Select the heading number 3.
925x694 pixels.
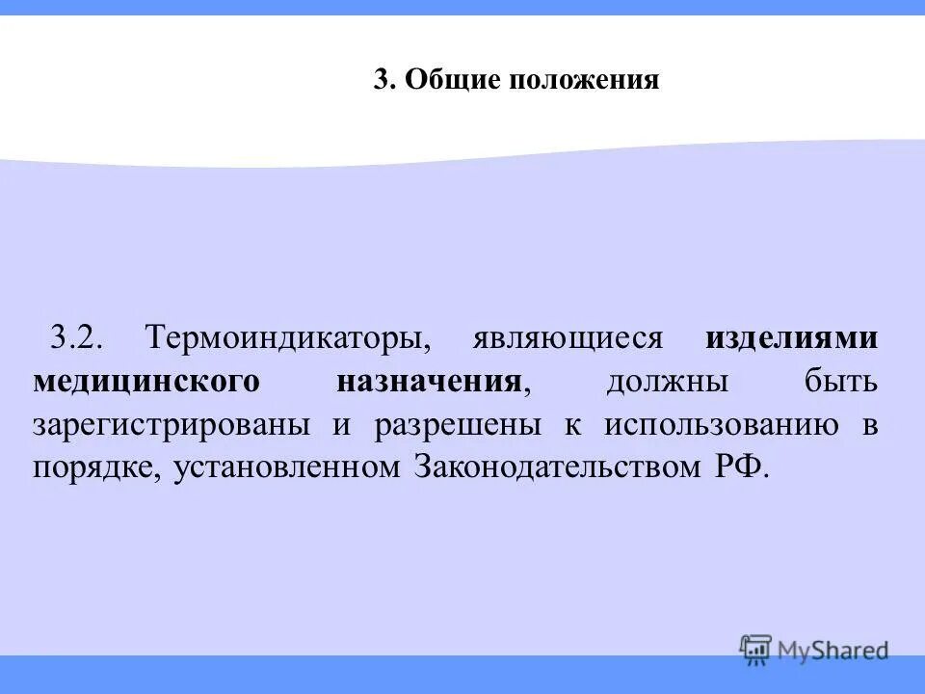click(384, 80)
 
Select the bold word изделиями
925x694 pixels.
click(791, 338)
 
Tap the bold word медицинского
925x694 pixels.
click(146, 382)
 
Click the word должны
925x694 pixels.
click(667, 382)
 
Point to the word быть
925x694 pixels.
click(842, 382)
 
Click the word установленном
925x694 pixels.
click(286, 468)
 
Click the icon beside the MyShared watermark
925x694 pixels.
click(756, 650)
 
